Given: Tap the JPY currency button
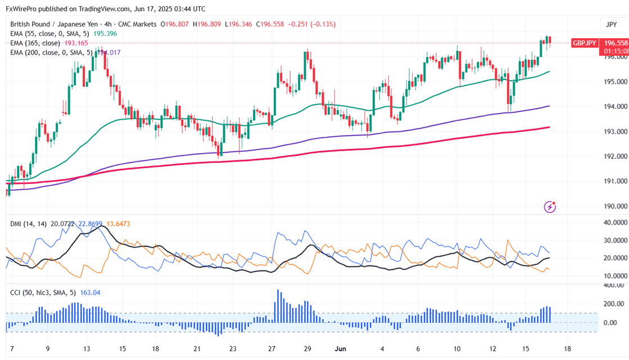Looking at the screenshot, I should (611, 24).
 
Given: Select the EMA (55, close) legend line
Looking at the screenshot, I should (49, 34).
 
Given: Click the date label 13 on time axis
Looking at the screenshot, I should (87, 349).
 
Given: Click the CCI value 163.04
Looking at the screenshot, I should (91, 292).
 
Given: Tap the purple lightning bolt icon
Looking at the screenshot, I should (550, 207).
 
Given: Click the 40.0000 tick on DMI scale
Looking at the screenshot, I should (614, 222).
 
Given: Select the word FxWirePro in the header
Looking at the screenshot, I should (22, 9).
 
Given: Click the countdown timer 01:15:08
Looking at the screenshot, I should (615, 51).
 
